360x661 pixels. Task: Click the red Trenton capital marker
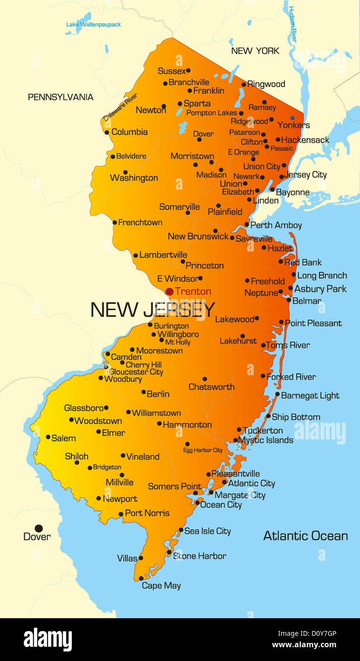click(169, 292)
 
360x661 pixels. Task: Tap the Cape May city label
click(161, 585)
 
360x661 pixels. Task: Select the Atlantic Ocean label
click(305, 536)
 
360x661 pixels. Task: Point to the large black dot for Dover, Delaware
click(39, 528)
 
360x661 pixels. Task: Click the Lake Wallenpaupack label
click(93, 24)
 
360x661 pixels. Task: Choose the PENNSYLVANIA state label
click(60, 97)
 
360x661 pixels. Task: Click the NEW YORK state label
click(255, 50)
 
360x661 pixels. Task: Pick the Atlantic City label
click(252, 483)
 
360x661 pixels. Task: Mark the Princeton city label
click(204, 265)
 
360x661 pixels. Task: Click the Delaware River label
click(120, 107)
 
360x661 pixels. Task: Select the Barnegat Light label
click(310, 395)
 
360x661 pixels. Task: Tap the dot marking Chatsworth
click(204, 379)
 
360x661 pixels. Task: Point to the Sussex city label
click(172, 71)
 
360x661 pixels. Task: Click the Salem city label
click(63, 438)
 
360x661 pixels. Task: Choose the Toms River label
click(288, 345)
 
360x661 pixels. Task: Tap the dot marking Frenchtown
click(115, 222)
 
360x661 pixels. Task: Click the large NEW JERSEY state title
click(153, 310)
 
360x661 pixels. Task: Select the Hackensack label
click(305, 140)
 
